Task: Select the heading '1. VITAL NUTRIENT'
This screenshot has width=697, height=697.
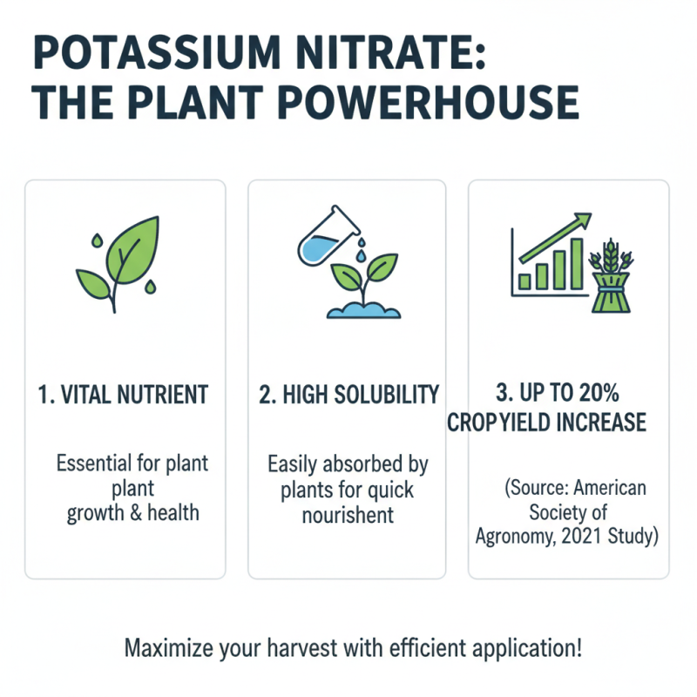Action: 125,395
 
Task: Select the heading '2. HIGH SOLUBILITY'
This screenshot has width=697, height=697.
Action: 348,395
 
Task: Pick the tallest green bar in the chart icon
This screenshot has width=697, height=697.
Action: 576,264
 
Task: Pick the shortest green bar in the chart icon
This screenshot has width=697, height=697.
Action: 525,280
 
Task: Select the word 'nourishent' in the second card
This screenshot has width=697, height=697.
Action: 348,515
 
